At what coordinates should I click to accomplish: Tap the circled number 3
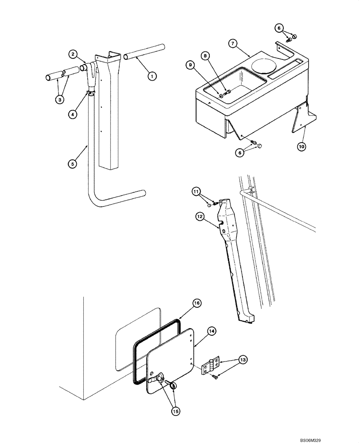pyautogui.click(x=59, y=99)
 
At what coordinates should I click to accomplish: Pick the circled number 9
pyautogui.click(x=190, y=65)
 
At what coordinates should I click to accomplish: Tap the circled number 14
pyautogui.click(x=211, y=330)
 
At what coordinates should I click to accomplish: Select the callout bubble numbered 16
pyautogui.click(x=197, y=303)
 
